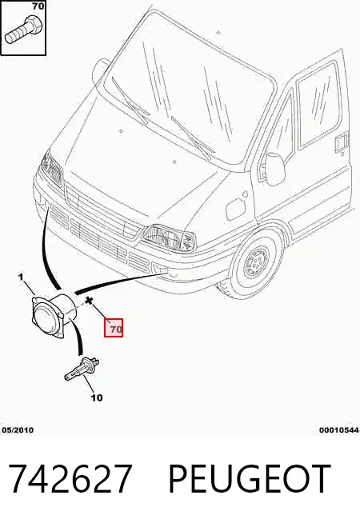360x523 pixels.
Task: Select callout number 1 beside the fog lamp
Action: [x=21, y=277]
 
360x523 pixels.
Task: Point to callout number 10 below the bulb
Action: [x=97, y=397]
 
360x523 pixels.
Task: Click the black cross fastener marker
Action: [x=89, y=301]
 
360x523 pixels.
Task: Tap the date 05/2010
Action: [x=18, y=430]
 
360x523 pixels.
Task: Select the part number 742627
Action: [x=70, y=479]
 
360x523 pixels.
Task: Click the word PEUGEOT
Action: [x=250, y=479]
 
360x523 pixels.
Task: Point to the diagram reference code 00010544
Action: [x=338, y=430]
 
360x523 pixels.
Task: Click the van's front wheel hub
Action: [x=257, y=263]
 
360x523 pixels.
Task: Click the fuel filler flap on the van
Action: [x=235, y=209]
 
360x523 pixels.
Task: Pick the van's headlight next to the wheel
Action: [x=169, y=238]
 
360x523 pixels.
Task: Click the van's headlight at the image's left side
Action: [x=51, y=168]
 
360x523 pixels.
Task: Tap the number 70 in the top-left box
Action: [x=38, y=6]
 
